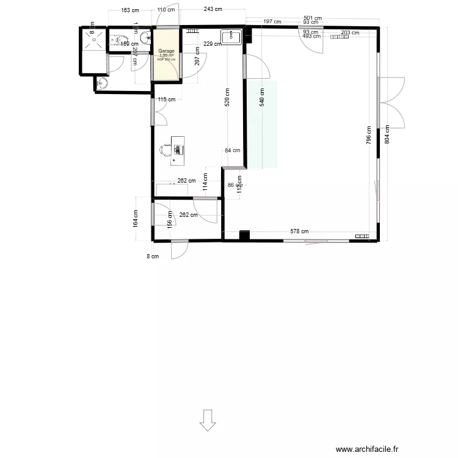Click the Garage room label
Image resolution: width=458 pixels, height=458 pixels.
click(x=166, y=51)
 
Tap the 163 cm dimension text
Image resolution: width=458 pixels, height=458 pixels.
click(x=129, y=10)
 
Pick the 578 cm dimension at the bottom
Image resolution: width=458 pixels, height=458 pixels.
click(x=299, y=231)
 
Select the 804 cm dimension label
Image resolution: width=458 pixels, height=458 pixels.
click(x=387, y=134)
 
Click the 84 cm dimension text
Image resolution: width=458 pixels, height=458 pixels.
click(x=232, y=150)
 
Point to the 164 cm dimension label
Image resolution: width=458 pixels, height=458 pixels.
click(x=135, y=218)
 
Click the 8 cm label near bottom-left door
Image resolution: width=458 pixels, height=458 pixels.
click(x=153, y=256)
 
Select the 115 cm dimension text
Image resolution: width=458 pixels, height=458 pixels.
click(x=166, y=100)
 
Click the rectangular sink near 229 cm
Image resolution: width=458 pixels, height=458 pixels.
click(x=233, y=37)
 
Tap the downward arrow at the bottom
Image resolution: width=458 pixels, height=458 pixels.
click(x=208, y=420)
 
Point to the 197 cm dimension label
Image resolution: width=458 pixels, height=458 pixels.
click(x=272, y=21)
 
